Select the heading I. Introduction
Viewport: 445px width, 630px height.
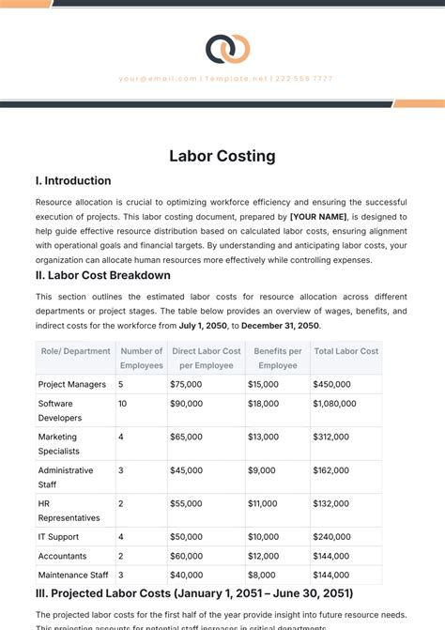coord(73,180)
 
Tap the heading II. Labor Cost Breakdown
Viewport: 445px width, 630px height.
coord(102,275)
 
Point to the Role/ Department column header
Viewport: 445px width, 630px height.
coord(74,351)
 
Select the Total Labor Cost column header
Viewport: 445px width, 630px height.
coord(345,351)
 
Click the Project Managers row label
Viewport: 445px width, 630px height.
coord(71,384)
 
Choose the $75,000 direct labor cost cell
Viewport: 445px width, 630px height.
coord(186,384)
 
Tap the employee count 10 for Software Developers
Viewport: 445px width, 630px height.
coord(122,404)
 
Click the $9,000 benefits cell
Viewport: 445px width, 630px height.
coord(261,470)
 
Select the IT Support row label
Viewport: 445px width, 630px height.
coord(59,537)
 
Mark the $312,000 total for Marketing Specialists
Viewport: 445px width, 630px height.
coord(331,437)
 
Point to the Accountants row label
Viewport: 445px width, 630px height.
coord(62,556)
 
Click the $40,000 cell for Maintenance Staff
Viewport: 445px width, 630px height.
coord(186,575)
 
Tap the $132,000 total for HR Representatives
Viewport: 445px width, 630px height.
coord(331,503)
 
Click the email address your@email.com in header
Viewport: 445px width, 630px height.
coord(158,79)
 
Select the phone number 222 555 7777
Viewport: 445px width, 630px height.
coord(303,79)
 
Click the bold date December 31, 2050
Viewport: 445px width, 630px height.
coord(281,326)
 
